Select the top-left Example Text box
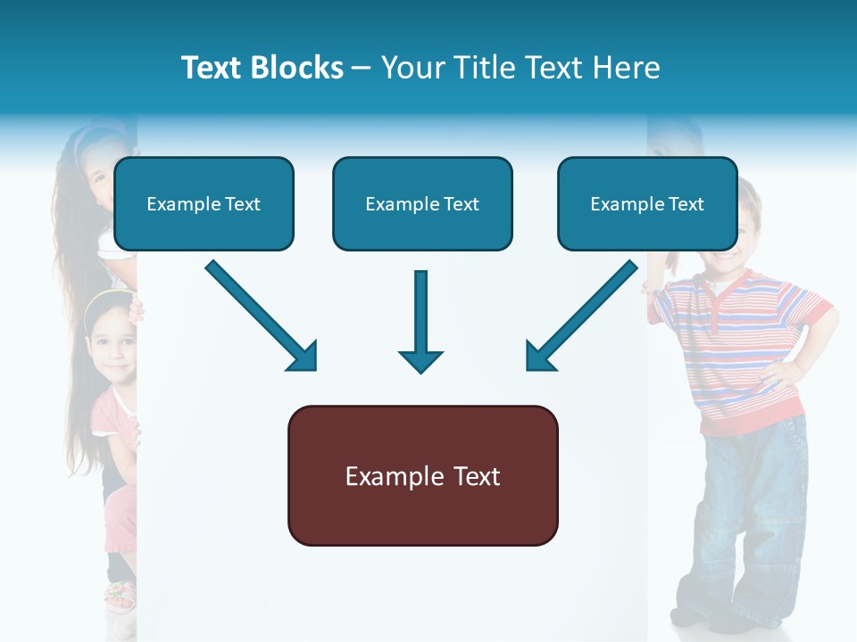204,204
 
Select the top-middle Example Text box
422,204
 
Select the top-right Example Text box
647,204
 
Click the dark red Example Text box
422,476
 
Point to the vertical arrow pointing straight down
420,312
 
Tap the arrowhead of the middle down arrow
420,361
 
